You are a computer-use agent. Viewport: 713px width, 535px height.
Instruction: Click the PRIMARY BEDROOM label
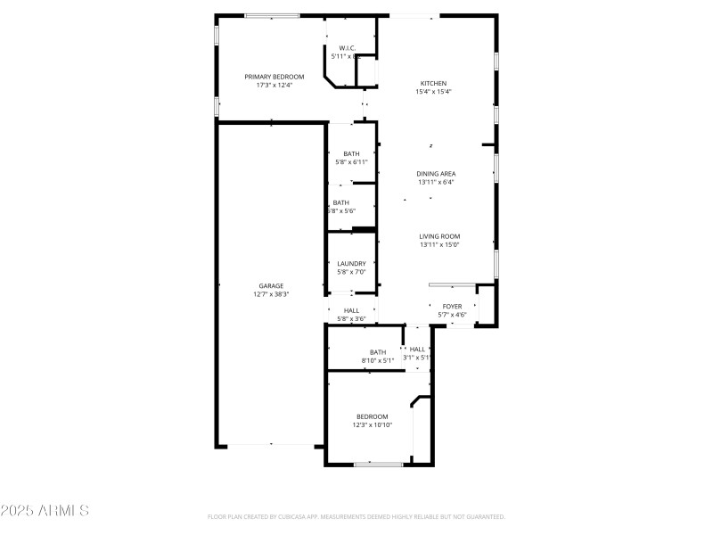[x=275, y=77]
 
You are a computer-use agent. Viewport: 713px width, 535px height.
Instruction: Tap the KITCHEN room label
[x=434, y=83]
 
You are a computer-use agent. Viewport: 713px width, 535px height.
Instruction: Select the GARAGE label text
[x=271, y=285]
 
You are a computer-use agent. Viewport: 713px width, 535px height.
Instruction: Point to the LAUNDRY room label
[x=351, y=263]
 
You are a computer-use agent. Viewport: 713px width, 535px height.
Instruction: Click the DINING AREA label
[x=436, y=173]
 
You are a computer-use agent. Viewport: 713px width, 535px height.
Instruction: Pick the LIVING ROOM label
[x=439, y=236]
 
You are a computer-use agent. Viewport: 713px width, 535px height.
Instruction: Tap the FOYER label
[x=452, y=306]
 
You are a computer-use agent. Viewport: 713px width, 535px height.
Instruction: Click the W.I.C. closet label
[x=347, y=48]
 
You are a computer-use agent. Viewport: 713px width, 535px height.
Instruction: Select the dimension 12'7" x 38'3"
[x=271, y=294]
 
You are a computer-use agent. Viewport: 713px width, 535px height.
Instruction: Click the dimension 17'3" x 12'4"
[x=275, y=86]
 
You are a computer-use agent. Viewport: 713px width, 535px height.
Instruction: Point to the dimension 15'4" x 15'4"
[x=434, y=92]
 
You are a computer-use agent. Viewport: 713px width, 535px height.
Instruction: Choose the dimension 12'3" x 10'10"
[x=372, y=425]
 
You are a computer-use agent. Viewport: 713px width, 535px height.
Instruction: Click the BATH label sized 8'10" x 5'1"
[x=378, y=351]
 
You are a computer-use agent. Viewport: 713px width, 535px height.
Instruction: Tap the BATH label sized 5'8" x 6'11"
[x=351, y=153]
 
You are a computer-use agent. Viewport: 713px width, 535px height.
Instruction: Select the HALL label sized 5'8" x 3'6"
[x=351, y=310]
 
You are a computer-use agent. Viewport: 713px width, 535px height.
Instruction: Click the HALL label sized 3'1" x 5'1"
[x=417, y=349]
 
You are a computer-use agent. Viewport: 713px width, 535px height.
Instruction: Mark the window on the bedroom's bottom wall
[x=378, y=464]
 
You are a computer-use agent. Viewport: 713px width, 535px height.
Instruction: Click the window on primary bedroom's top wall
[x=272, y=15]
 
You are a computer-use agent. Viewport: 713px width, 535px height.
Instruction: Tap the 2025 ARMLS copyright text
[x=45, y=511]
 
